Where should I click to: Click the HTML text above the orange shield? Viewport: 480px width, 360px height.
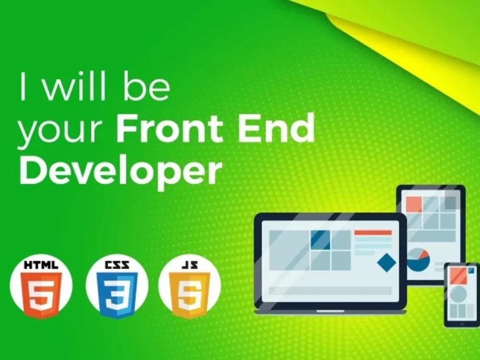click(x=41, y=264)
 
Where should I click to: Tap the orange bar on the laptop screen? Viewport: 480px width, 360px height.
click(x=373, y=233)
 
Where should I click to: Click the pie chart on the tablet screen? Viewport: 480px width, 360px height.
click(x=418, y=260)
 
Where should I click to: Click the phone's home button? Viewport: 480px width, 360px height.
click(x=460, y=322)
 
